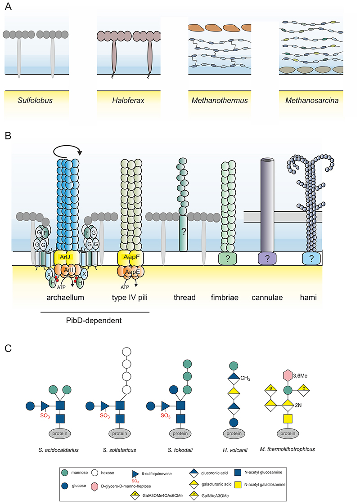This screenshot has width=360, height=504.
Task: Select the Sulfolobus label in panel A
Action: pos(36,100)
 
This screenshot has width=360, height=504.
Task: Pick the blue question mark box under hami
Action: pos(311,258)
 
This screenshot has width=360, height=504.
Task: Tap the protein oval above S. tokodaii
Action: pos(180,433)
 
